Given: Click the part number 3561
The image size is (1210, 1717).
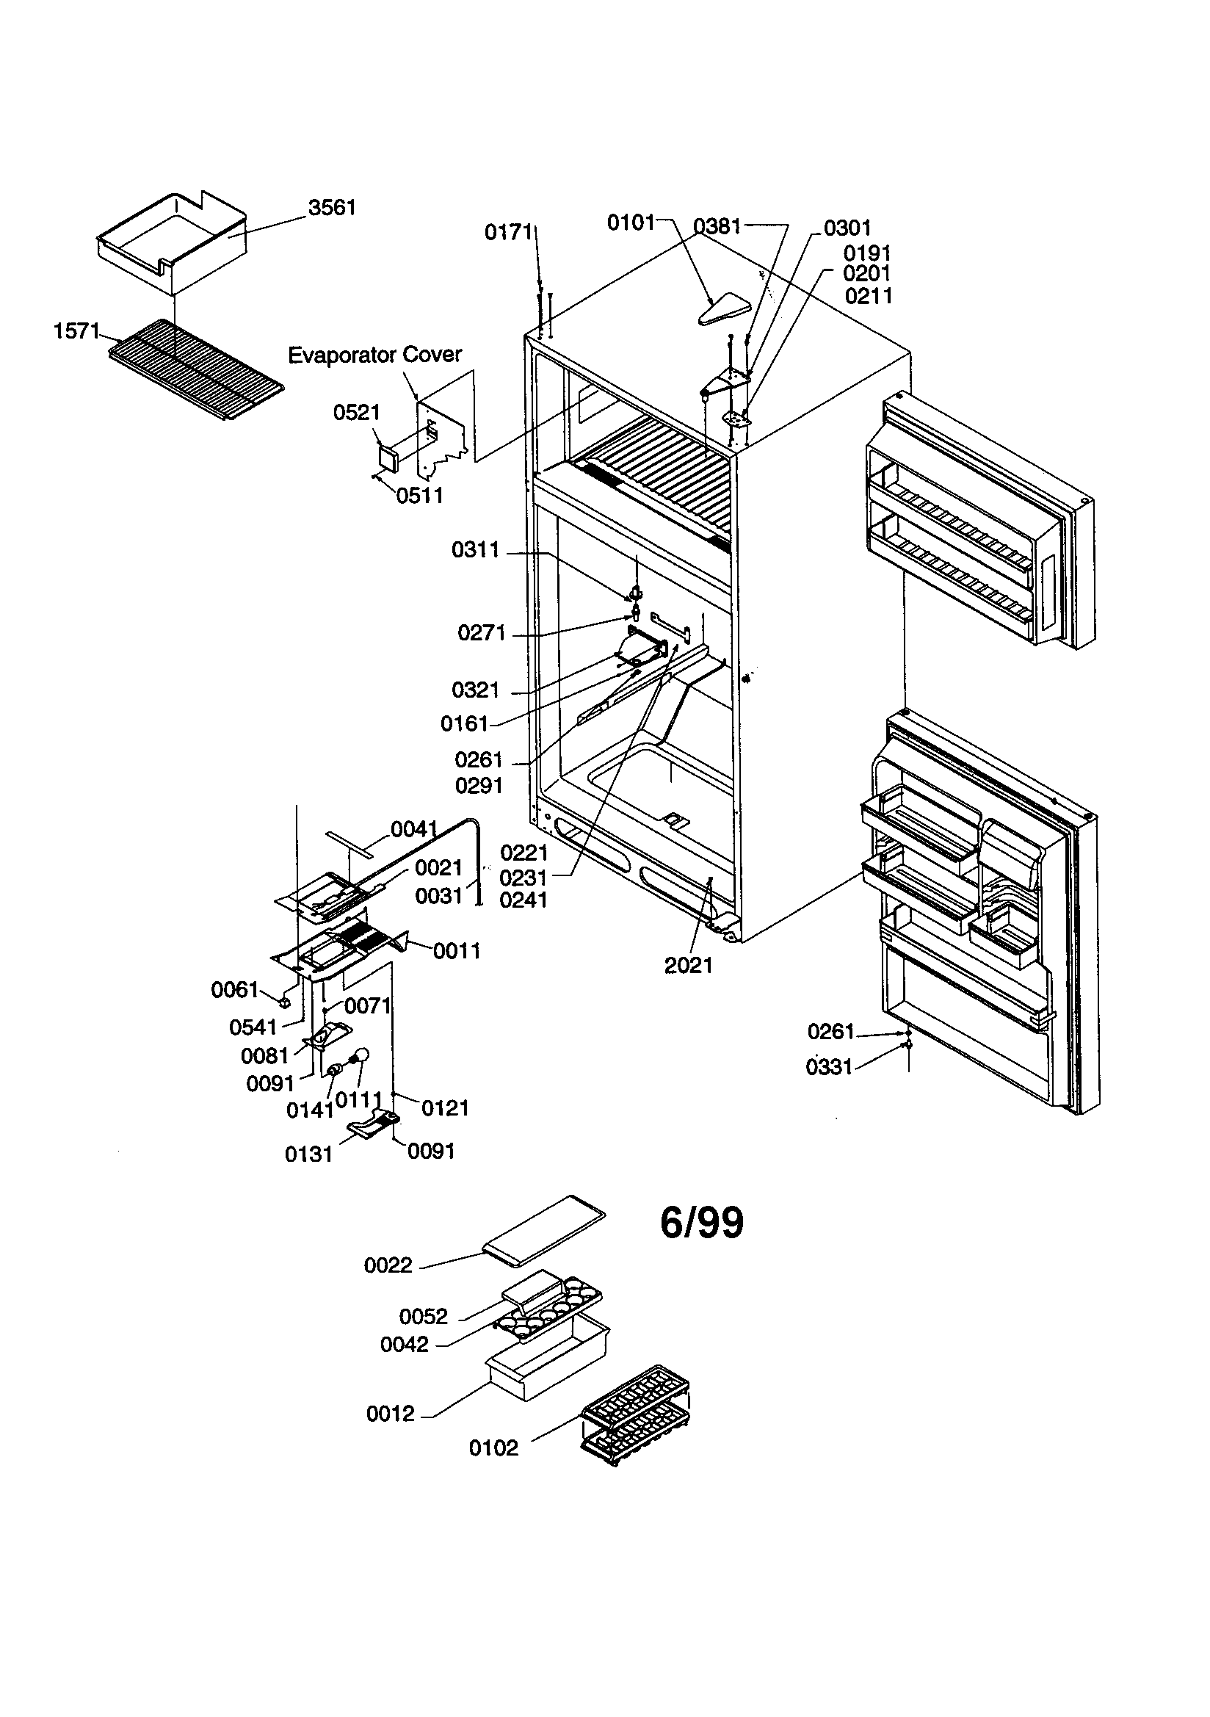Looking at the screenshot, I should tap(332, 207).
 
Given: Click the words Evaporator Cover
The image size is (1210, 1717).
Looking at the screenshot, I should tap(374, 355).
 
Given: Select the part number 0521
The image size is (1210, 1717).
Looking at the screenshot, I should tap(357, 412).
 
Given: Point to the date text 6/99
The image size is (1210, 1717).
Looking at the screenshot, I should tap(701, 1223).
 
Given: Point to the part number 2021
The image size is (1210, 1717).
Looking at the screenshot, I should tap(688, 966).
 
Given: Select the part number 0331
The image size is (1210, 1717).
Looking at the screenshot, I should tap(830, 1067).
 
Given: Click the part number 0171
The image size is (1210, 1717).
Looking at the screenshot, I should tap(509, 233).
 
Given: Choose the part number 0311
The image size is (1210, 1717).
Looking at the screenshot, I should tap(476, 550).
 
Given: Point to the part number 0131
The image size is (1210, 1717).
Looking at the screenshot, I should tap(309, 1154).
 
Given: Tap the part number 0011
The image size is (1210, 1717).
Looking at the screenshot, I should tap(456, 951).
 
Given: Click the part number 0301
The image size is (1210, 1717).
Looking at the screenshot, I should tap(847, 228).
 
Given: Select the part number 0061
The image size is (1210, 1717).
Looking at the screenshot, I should tap(235, 990).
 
